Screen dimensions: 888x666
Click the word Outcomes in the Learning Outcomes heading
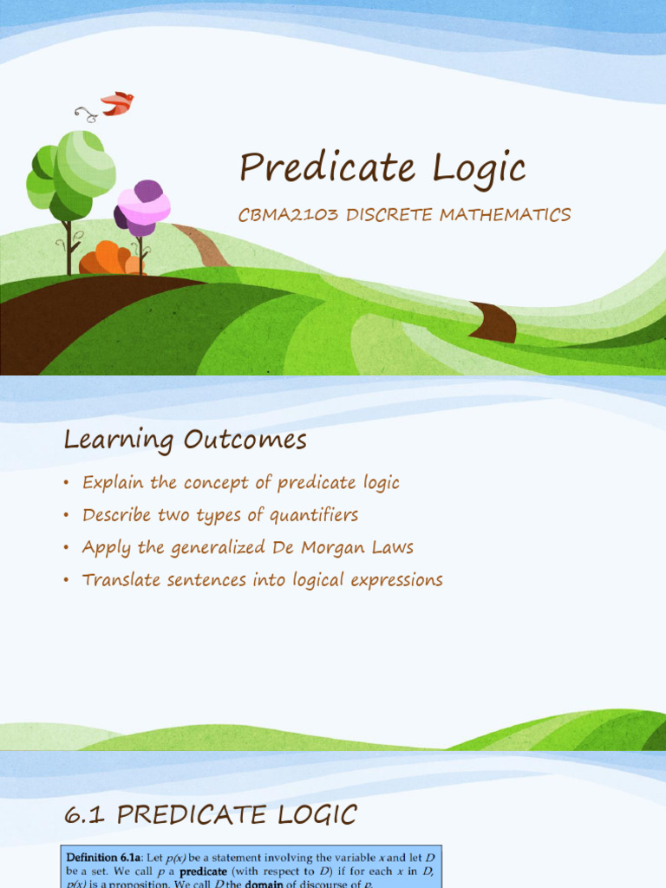(245, 441)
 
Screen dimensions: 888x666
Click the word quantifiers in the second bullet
(314, 515)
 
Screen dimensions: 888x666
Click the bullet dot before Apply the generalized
(66, 548)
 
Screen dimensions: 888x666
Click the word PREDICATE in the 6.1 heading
(186, 815)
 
